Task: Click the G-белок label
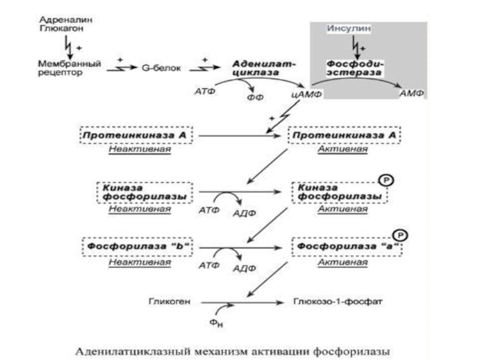(x=159, y=68)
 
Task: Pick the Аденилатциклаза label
(x=257, y=67)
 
